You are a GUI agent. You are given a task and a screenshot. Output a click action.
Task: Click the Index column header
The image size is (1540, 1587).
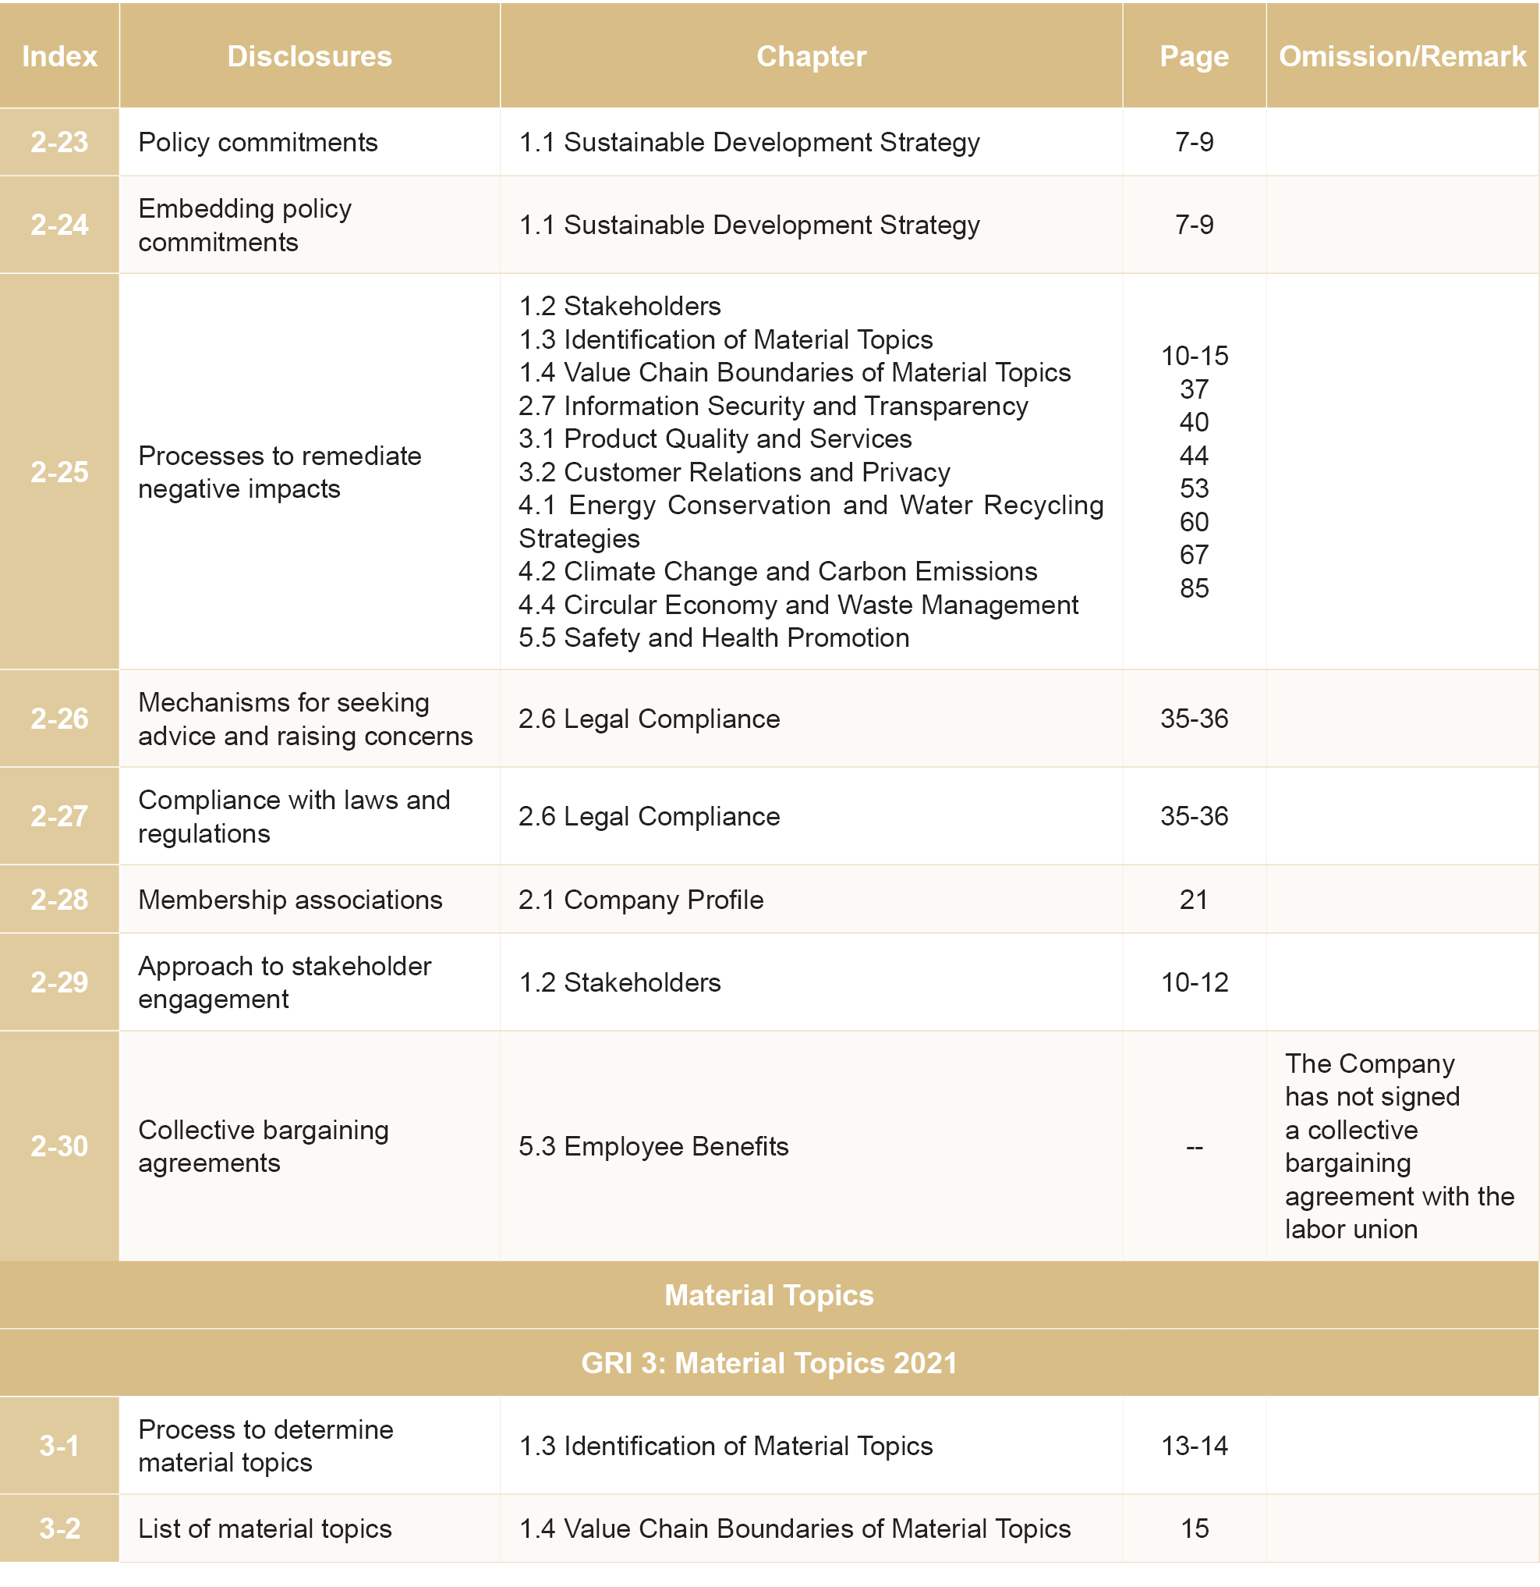tap(59, 56)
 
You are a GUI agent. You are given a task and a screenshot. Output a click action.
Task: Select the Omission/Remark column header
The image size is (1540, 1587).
tap(1402, 56)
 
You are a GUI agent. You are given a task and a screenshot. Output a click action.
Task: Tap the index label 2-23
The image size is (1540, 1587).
tap(59, 143)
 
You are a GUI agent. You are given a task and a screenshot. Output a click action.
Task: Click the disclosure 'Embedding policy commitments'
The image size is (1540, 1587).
tap(244, 225)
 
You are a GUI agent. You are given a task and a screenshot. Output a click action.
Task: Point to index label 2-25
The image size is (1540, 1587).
tap(59, 472)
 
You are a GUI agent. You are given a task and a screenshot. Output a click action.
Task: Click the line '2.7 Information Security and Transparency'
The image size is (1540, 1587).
tap(773, 406)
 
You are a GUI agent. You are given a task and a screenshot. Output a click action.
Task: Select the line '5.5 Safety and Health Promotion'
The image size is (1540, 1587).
tap(713, 638)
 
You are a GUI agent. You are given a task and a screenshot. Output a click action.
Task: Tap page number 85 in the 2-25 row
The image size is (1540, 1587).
tap(1194, 588)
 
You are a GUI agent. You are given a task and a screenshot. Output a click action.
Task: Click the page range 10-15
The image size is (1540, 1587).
tap(1194, 356)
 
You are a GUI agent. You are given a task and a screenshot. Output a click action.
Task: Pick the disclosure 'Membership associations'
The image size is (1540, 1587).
tap(290, 900)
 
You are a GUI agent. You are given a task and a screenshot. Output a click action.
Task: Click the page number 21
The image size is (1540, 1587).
tap(1194, 900)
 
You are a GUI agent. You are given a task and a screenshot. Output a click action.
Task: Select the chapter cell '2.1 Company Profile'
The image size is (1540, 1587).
tap(641, 900)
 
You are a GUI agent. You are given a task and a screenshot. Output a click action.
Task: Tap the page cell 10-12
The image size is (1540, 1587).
tap(1194, 982)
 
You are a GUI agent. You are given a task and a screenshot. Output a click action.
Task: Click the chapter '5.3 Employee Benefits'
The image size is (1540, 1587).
tap(653, 1146)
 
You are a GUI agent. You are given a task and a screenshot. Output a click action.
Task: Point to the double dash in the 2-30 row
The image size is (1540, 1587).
tap(1194, 1146)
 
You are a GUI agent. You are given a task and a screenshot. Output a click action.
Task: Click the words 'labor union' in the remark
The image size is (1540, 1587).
tap(1351, 1229)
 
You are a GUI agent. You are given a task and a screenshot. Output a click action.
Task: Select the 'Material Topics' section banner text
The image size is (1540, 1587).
tap(769, 1295)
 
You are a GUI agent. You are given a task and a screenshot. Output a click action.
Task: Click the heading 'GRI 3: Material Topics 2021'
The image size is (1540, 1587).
tap(769, 1364)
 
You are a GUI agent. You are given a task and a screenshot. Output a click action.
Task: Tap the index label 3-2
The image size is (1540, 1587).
tap(59, 1528)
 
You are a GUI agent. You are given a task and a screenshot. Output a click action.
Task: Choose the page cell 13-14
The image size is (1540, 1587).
tap(1194, 1446)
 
